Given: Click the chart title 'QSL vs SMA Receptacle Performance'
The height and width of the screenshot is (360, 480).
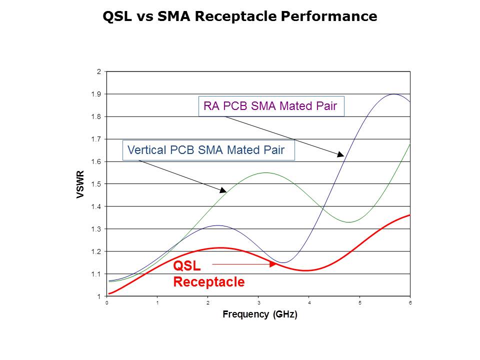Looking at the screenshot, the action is click(239, 16).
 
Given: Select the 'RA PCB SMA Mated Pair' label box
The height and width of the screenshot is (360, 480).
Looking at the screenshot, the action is click(271, 106).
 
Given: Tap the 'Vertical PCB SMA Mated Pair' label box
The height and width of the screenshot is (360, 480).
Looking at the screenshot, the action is click(208, 150).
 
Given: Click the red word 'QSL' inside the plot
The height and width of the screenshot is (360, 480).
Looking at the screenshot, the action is click(186, 265).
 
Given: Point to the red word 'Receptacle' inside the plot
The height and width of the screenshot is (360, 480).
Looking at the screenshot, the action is click(209, 282).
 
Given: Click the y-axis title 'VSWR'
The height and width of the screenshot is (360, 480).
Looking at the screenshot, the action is click(80, 184).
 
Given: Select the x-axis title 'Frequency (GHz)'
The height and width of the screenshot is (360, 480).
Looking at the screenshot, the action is click(260, 314).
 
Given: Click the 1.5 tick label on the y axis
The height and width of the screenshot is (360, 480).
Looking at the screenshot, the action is click(96, 184).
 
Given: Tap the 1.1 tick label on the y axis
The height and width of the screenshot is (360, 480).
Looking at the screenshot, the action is click(96, 274).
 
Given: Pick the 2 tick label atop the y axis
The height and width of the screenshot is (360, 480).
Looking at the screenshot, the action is click(99, 71).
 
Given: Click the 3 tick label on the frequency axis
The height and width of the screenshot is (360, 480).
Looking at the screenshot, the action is click(258, 303).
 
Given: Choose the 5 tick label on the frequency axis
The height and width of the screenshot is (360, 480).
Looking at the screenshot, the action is click(360, 303).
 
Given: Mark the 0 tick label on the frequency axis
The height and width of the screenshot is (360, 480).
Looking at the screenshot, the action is click(107, 303).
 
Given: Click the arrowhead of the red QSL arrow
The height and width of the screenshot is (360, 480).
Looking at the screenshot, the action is click(273, 264).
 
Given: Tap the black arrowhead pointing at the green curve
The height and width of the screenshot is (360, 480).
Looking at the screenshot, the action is click(223, 190).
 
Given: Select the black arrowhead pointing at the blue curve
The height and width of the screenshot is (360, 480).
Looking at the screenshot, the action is click(340, 154).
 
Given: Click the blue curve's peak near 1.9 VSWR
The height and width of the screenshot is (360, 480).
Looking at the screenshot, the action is click(394, 94).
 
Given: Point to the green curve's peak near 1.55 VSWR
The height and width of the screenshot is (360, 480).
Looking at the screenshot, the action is click(266, 173).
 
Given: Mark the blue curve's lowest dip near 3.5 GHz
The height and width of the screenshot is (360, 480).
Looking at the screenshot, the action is click(283, 262).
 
